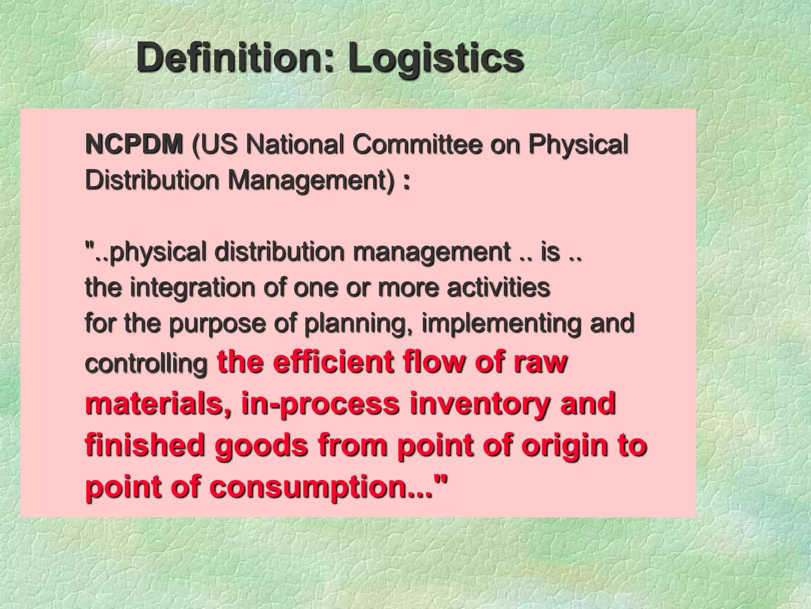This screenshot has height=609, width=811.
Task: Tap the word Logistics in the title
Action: [436, 59]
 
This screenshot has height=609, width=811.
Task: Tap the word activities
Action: [498, 287]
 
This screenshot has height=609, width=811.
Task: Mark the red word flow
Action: [434, 362]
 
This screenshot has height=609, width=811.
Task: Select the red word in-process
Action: [320, 404]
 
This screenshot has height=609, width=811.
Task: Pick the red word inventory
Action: [480, 404]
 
